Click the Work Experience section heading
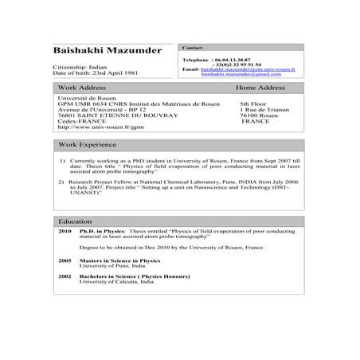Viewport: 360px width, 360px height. click(x=90, y=144)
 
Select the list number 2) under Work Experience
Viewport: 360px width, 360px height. click(x=62, y=181)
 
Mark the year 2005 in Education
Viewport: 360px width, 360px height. click(x=65, y=260)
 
